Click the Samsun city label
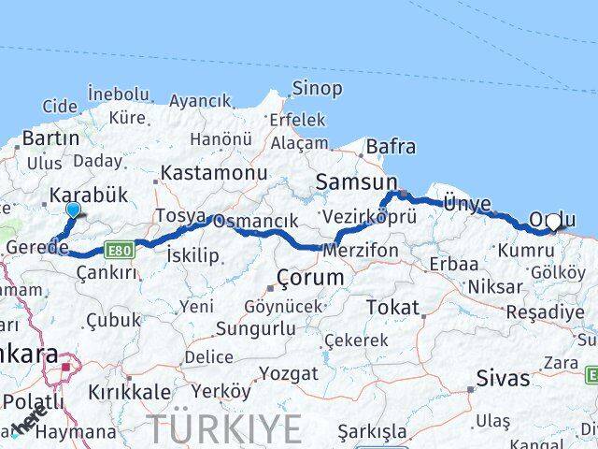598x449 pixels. [357, 182]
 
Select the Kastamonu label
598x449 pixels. [214, 173]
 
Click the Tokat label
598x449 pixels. [392, 307]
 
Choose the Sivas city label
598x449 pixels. [504, 378]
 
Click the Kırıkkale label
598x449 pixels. [129, 391]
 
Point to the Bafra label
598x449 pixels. [391, 147]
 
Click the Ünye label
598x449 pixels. [464, 204]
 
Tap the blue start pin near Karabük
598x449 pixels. [74, 210]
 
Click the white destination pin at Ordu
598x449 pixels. [555, 223]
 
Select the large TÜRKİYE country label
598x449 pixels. [225, 429]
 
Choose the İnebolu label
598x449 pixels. [118, 94]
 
